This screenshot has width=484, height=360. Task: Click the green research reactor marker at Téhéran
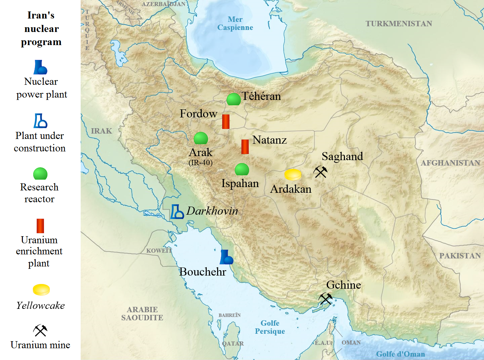[233, 100]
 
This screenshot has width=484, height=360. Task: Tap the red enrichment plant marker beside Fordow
[226, 121]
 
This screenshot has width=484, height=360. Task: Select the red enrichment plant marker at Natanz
[245, 147]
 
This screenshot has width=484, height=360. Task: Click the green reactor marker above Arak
[201, 138]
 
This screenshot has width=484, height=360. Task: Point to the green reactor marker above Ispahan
[242, 170]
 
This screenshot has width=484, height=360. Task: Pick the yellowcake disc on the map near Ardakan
[293, 175]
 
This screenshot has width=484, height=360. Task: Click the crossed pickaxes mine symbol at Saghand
[320, 172]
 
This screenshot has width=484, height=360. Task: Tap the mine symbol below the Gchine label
[325, 298]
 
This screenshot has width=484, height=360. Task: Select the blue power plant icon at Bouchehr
[226, 257]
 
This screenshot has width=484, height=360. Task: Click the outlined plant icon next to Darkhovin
[176, 212]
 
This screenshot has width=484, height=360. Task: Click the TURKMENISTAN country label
[399, 24]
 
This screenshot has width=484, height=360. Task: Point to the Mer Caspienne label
[235, 24]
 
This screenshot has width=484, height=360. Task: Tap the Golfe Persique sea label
[270, 327]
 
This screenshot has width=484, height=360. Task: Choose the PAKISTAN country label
[460, 256]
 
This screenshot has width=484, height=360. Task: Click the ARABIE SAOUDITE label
[142, 314]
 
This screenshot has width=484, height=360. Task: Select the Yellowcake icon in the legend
[41, 290]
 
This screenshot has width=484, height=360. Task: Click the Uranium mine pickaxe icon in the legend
[40, 330]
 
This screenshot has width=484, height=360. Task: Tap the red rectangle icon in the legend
[40, 226]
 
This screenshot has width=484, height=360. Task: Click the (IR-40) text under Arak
[201, 163]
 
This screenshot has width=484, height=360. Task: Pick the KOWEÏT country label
[159, 251]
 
